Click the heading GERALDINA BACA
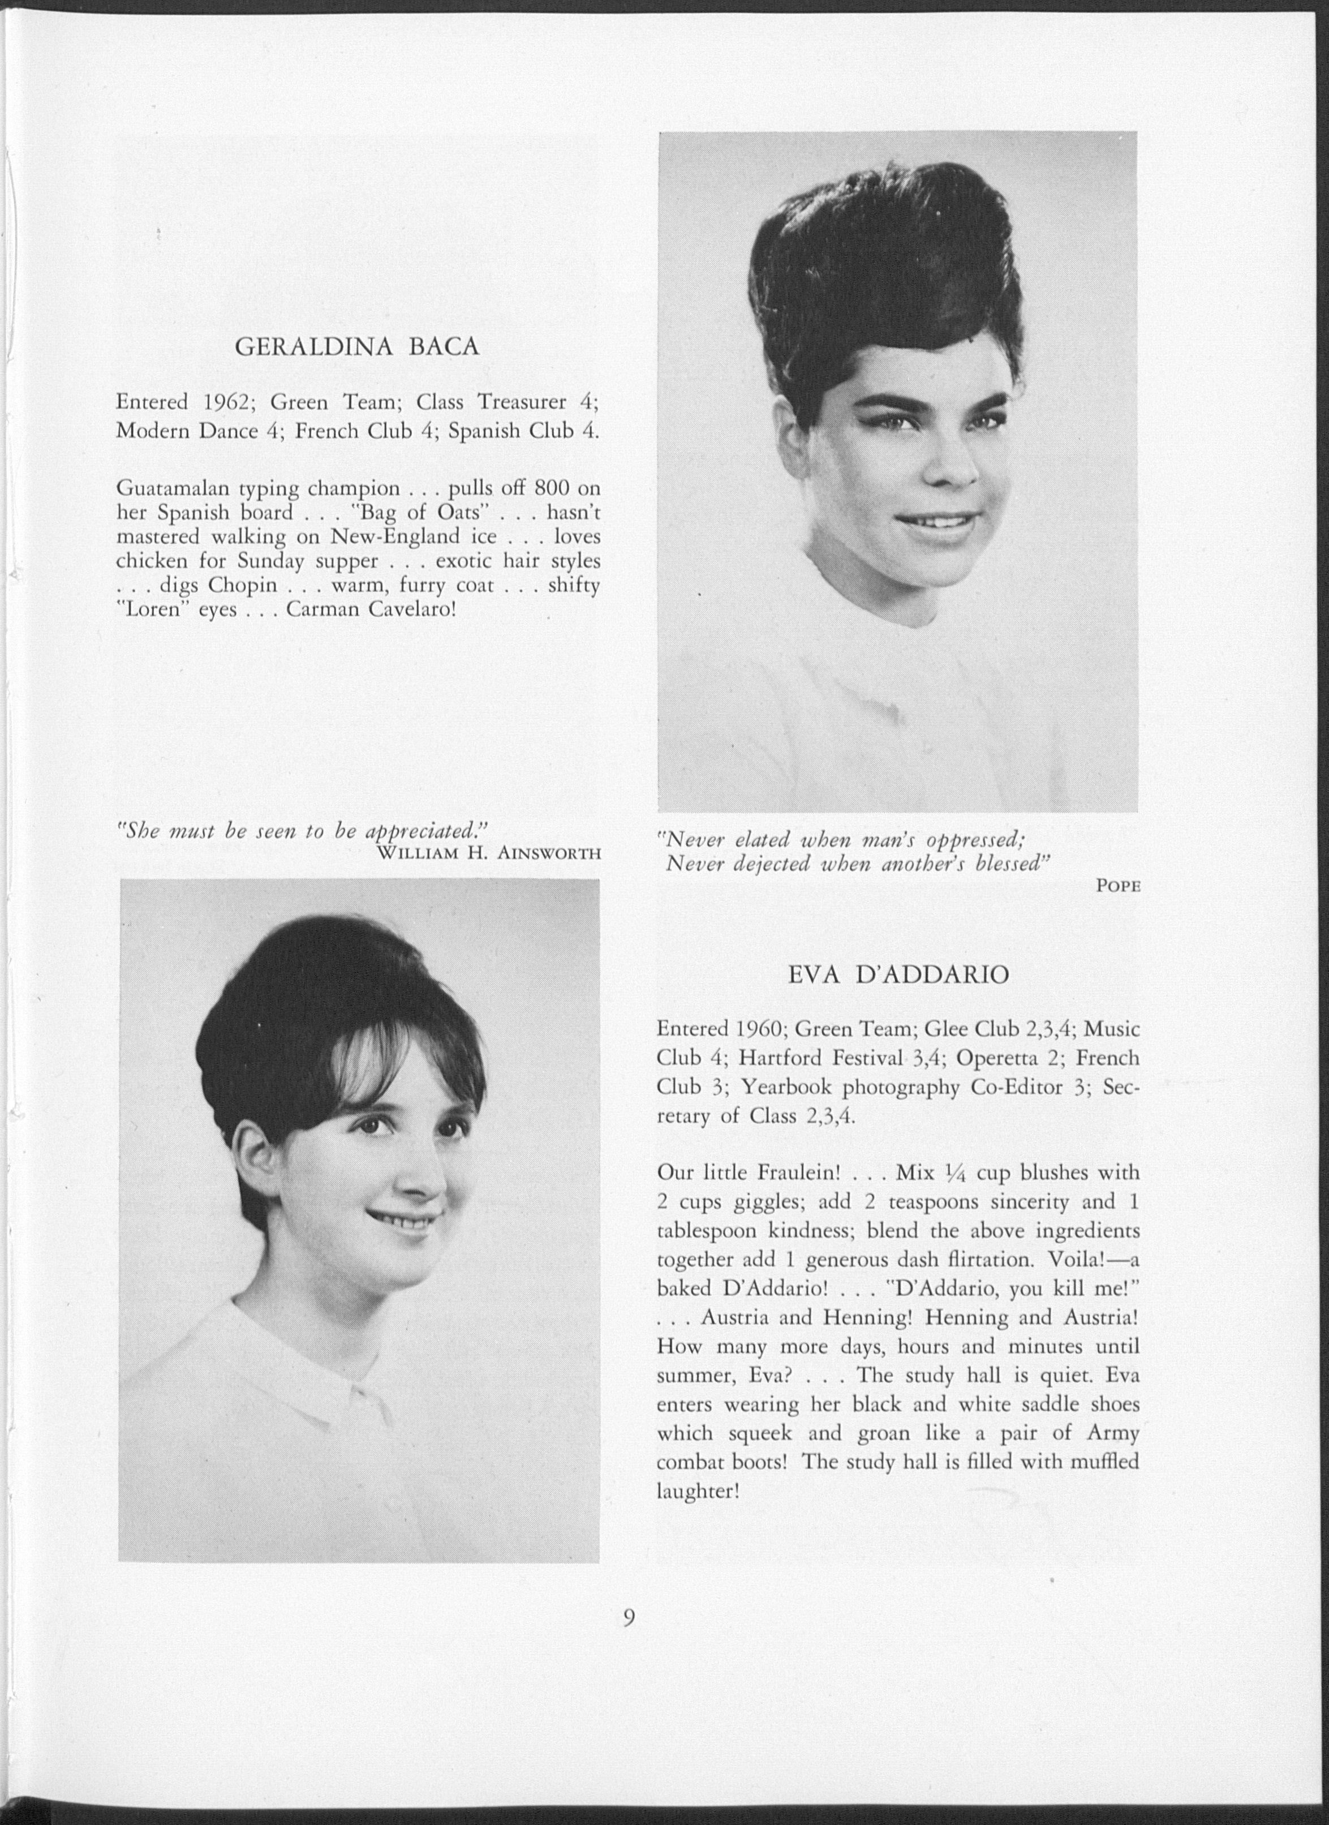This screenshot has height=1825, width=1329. (356, 347)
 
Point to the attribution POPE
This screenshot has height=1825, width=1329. (1117, 886)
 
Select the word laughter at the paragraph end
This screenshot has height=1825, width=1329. (696, 1491)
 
